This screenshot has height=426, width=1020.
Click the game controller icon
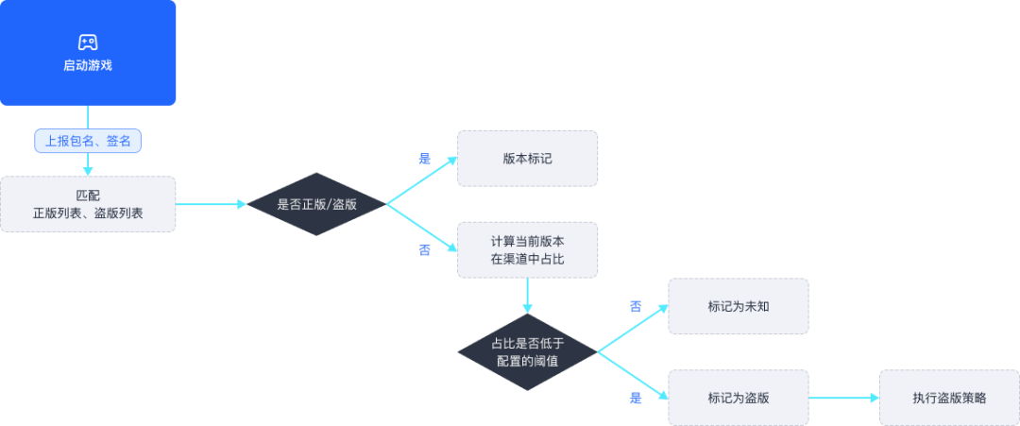click(x=88, y=43)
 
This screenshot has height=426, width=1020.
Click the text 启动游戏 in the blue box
click(x=88, y=66)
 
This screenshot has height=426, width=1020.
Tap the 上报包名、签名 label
click(x=88, y=141)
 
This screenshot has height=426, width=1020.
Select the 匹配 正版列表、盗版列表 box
click(x=88, y=204)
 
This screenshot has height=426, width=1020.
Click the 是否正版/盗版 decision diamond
click(x=315, y=204)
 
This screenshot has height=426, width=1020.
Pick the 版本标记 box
click(x=527, y=158)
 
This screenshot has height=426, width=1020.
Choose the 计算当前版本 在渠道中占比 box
click(x=527, y=249)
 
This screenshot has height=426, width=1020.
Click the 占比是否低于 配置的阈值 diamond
click(x=528, y=352)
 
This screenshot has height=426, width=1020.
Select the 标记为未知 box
click(x=738, y=306)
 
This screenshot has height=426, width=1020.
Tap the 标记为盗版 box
click(x=738, y=398)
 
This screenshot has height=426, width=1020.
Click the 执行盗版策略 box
click(x=949, y=398)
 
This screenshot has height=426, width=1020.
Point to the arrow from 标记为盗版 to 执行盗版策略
click(x=843, y=398)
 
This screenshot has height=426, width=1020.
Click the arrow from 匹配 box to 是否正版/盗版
click(x=211, y=204)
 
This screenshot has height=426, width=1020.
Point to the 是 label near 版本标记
click(x=425, y=159)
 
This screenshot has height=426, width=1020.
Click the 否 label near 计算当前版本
click(x=425, y=250)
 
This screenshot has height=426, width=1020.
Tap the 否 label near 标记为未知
click(x=636, y=307)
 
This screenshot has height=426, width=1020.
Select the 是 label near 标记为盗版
click(x=636, y=399)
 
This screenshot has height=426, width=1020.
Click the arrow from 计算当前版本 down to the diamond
click(x=528, y=295)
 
